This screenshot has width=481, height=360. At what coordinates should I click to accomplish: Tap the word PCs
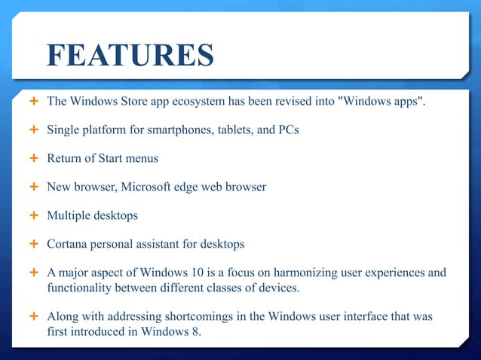pos(289,130)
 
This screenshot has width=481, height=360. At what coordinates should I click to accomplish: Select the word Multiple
pos(69,215)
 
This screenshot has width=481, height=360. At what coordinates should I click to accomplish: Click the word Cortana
pos(68,244)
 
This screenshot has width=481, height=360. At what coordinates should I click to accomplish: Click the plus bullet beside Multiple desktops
pos(34,215)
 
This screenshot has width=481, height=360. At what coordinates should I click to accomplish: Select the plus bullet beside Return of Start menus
pos(34,158)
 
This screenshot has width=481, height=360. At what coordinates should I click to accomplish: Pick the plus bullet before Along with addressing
pos(34,316)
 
